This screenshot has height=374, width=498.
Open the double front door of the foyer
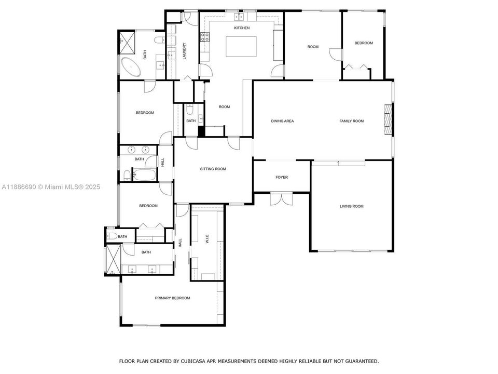[281, 198]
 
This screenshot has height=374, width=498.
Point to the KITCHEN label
[242, 28]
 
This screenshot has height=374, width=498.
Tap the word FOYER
[281, 177]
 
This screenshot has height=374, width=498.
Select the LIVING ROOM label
[351, 206]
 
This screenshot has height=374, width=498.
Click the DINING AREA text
[282, 121]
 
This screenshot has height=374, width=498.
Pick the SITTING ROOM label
[213, 169]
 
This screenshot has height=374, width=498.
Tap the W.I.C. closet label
[207, 238]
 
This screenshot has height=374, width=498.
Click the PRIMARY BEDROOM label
[172, 298]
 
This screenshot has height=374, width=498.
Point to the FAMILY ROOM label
[351, 121]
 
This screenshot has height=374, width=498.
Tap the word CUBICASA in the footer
[189, 360]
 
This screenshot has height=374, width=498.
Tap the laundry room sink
[171, 55]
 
